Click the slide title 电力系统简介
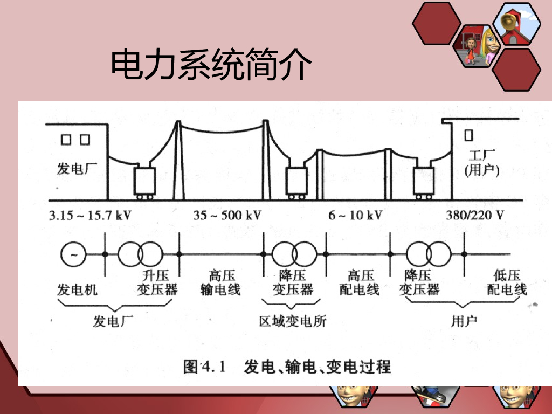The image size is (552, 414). pos(211,65)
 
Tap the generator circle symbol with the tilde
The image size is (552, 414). pos(73,254)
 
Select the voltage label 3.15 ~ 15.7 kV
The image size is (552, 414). pos(90,215)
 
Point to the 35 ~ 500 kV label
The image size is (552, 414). pos(227,215)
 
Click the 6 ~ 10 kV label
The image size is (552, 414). pos(355,215)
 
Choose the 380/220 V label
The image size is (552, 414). pos(475,215)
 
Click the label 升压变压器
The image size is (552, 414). pos(157,282)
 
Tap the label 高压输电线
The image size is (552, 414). pos(220,282)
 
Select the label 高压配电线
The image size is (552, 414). pos(360,282)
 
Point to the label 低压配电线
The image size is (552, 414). pos(507,282)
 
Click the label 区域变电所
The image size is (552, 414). pos(293,321)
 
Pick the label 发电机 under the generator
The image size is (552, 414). pos(77,289)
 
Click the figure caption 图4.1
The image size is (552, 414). pos(204,367)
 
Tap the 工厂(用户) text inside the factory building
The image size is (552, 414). pos(482,163)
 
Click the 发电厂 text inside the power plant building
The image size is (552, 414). pos(77,169)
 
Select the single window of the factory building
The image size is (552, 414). pos(468,135)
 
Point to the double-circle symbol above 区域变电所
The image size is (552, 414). pos(294,254)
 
